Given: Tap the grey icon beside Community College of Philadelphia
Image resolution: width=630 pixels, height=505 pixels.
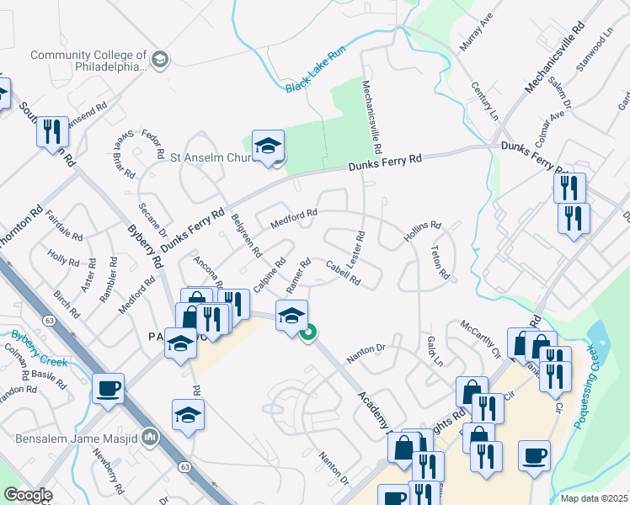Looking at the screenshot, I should pyautogui.click(x=162, y=59).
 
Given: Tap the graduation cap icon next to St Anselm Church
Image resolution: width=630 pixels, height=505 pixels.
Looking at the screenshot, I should pyautogui.click(x=267, y=146).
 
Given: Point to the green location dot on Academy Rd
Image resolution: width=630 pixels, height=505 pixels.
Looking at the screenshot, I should pyautogui.click(x=309, y=333).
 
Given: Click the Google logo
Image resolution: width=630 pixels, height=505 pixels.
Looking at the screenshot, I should pyautogui.click(x=28, y=496).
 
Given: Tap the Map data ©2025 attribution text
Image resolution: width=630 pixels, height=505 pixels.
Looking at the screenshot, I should pyautogui.click(x=593, y=498).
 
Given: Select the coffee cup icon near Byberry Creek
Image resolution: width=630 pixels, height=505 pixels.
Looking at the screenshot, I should pyautogui.click(x=109, y=389).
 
